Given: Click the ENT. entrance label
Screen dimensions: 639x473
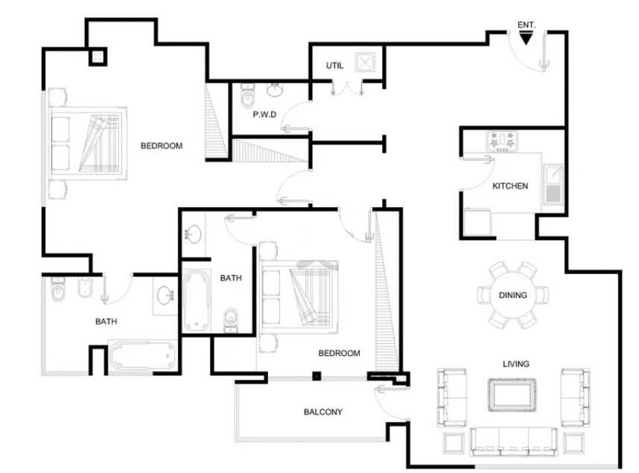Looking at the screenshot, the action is click(x=526, y=25).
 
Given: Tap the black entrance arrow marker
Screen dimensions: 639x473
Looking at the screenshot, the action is click(x=526, y=38).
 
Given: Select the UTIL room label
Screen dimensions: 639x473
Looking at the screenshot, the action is click(x=334, y=66).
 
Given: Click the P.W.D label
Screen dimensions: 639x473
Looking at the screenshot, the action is click(x=264, y=115).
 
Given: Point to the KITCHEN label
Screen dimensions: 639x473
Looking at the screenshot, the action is click(x=510, y=186).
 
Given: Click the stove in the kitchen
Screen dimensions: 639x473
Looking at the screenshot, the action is click(x=502, y=141).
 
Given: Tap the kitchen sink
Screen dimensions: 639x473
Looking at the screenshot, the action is click(x=553, y=184).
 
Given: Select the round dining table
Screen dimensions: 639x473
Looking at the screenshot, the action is click(x=513, y=295).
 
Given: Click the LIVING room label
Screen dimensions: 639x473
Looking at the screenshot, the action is click(x=516, y=364).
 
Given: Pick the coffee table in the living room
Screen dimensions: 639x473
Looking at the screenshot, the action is click(x=512, y=395).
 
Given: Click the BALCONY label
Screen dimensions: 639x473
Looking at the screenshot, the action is click(x=322, y=412).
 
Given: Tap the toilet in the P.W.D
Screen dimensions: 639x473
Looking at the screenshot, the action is click(x=247, y=96).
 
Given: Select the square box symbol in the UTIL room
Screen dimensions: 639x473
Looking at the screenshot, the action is click(x=365, y=63).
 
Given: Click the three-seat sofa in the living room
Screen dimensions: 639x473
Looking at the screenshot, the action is click(x=514, y=442).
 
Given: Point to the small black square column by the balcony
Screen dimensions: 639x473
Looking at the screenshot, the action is click(x=317, y=376).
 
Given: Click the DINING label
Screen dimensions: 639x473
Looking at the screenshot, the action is click(x=512, y=295).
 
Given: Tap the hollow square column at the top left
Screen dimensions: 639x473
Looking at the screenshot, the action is click(x=98, y=57).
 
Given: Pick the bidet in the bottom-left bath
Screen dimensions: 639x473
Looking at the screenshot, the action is click(x=85, y=287).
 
